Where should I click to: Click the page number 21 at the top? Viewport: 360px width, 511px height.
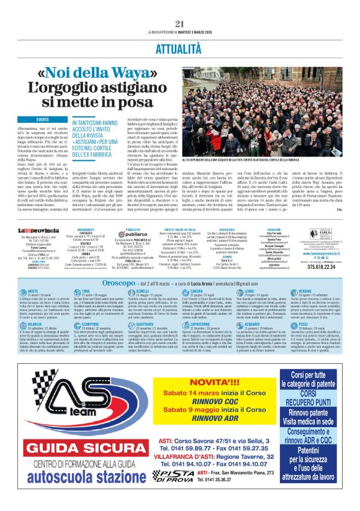pyautogui.click(x=180, y=23)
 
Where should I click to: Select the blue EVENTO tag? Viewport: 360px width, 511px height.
pyautogui.click(x=43, y=119)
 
